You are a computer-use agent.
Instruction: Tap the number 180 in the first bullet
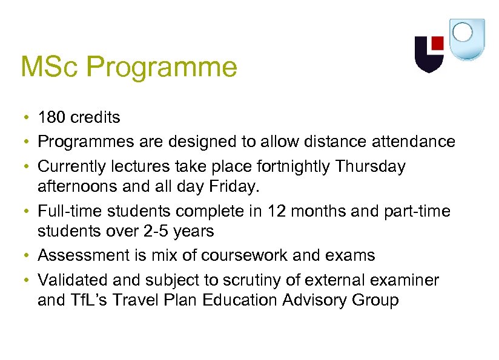pyautogui.click(x=51, y=117)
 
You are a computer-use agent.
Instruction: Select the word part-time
pyautogui.click(x=418, y=211)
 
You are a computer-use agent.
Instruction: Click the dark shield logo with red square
pyautogui.click(x=429, y=53)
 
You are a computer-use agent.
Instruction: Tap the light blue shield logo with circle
pyautogui.click(x=466, y=39)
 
